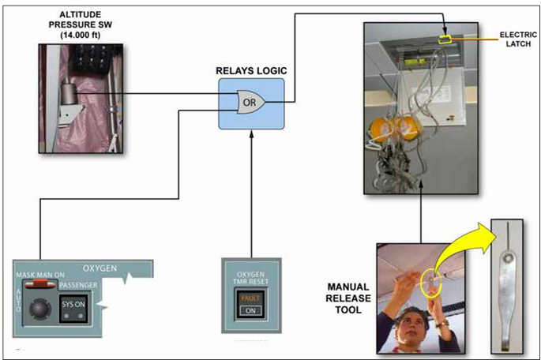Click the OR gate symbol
[248, 100]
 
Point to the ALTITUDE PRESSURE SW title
[77, 23]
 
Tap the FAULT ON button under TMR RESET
[249, 304]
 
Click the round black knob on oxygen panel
[37, 307]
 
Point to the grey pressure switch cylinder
[71, 98]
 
